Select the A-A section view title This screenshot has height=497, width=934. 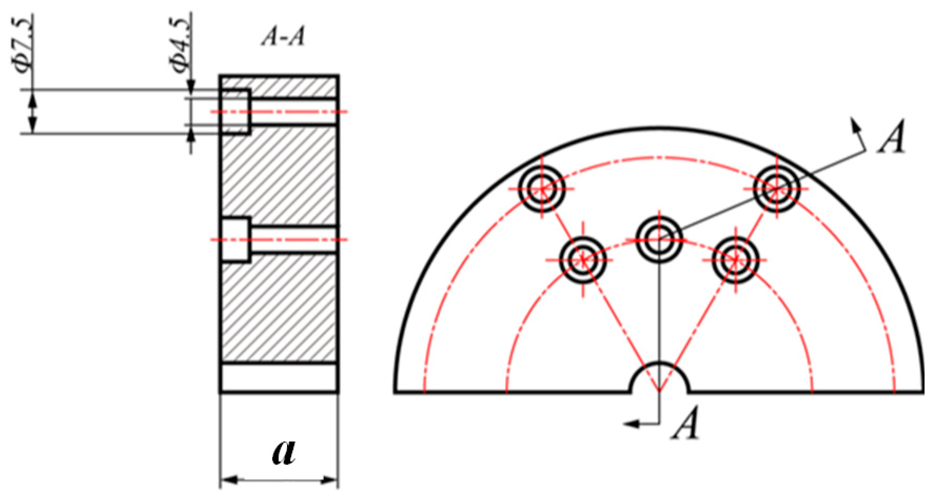(x=283, y=37)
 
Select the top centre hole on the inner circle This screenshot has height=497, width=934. (x=659, y=239)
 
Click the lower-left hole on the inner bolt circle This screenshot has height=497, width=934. (x=583, y=260)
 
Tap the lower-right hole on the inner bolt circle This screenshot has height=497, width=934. (x=736, y=260)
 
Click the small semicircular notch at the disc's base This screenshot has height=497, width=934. (x=659, y=380)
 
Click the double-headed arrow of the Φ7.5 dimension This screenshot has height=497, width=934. (x=33, y=111)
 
